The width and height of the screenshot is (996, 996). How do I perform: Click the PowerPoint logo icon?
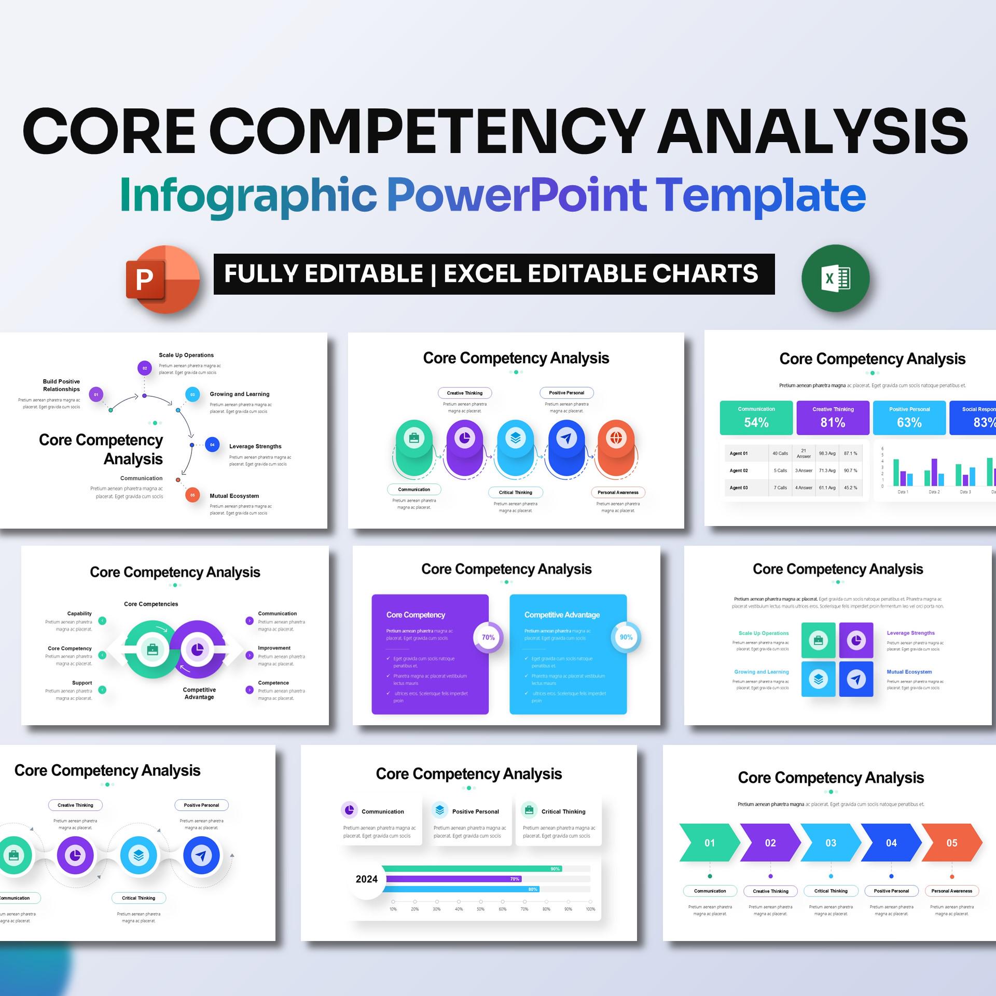pos(162,279)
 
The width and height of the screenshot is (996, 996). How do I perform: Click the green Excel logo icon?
pos(835,279)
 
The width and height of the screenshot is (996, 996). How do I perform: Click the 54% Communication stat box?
pos(756,417)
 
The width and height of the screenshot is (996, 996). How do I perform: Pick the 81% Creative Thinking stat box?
pos(833,417)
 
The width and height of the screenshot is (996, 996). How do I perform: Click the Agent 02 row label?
pos(739,471)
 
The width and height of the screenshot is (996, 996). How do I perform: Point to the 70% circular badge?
pos(488,637)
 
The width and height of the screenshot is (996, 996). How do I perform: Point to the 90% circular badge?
pos(626,637)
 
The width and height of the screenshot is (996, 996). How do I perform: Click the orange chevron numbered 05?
pos(951,843)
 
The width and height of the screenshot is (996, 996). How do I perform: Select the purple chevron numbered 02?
pos(770,843)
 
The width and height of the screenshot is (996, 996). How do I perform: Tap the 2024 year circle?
pos(367,879)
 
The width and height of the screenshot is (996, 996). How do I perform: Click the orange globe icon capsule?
pos(616,447)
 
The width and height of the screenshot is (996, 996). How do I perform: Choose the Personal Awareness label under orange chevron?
pos(951,891)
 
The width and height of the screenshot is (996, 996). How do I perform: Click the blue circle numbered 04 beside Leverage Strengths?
pos(212,445)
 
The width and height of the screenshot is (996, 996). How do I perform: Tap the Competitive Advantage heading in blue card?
pos(562,615)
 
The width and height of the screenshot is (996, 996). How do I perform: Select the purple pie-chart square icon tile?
pos(856,640)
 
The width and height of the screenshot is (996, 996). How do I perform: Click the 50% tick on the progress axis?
pos(480,902)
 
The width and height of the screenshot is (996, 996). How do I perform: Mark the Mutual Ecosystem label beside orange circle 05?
pos(234,496)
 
